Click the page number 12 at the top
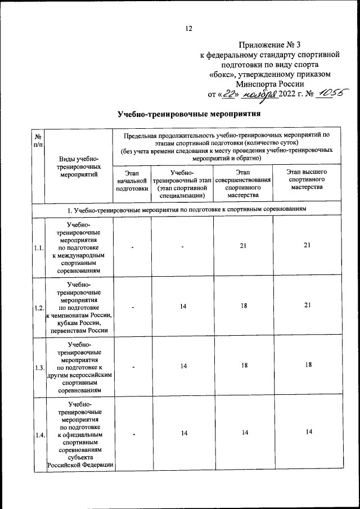coord(188,29)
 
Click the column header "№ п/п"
coord(37,142)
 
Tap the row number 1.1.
coord(38,248)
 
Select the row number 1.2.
coord(38,308)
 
